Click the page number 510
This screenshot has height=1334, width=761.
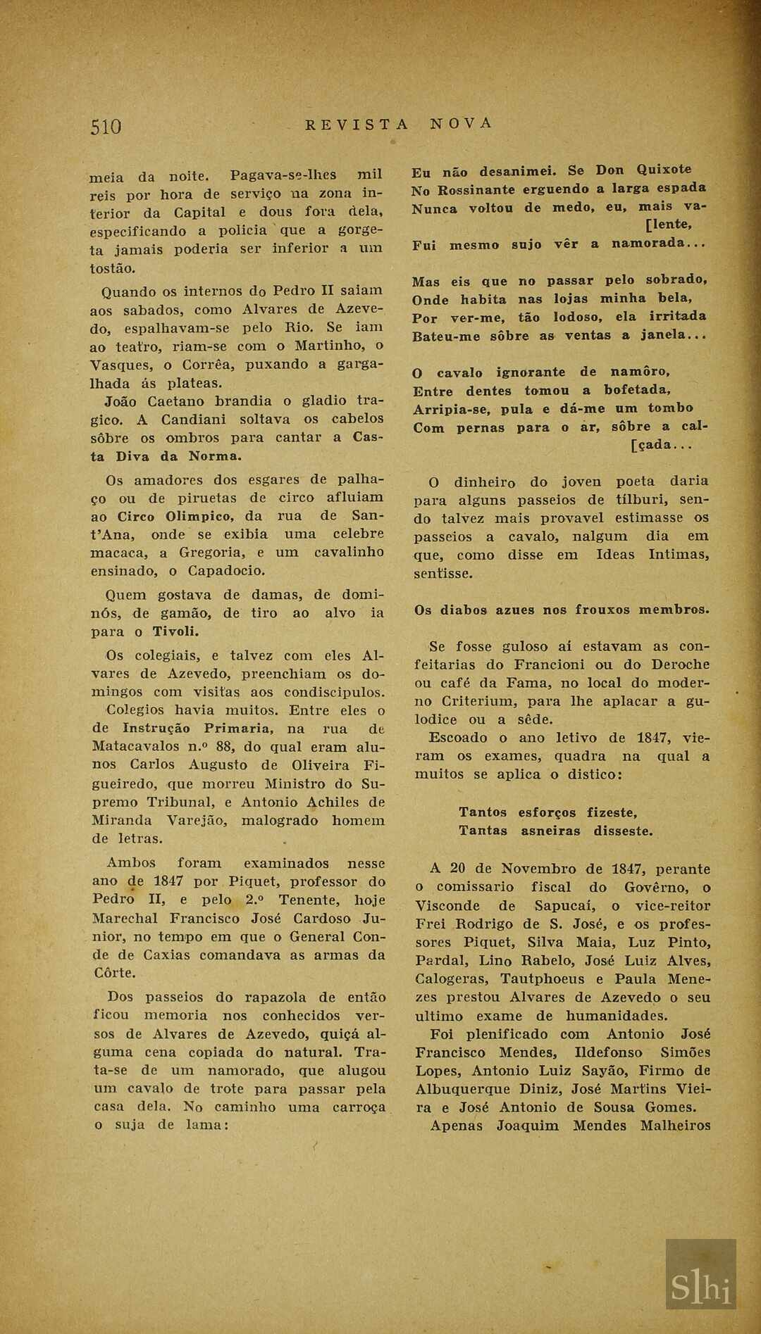point(106,127)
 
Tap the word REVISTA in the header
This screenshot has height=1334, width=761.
point(357,125)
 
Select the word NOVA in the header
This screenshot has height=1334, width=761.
point(461,123)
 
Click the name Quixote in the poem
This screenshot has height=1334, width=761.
point(664,170)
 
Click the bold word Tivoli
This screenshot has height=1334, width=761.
point(175,631)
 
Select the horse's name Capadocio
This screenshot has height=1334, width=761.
point(226,571)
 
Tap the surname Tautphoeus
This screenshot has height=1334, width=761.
point(543,979)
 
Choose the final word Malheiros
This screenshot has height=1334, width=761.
point(675,1126)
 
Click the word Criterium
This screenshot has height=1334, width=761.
point(480,701)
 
